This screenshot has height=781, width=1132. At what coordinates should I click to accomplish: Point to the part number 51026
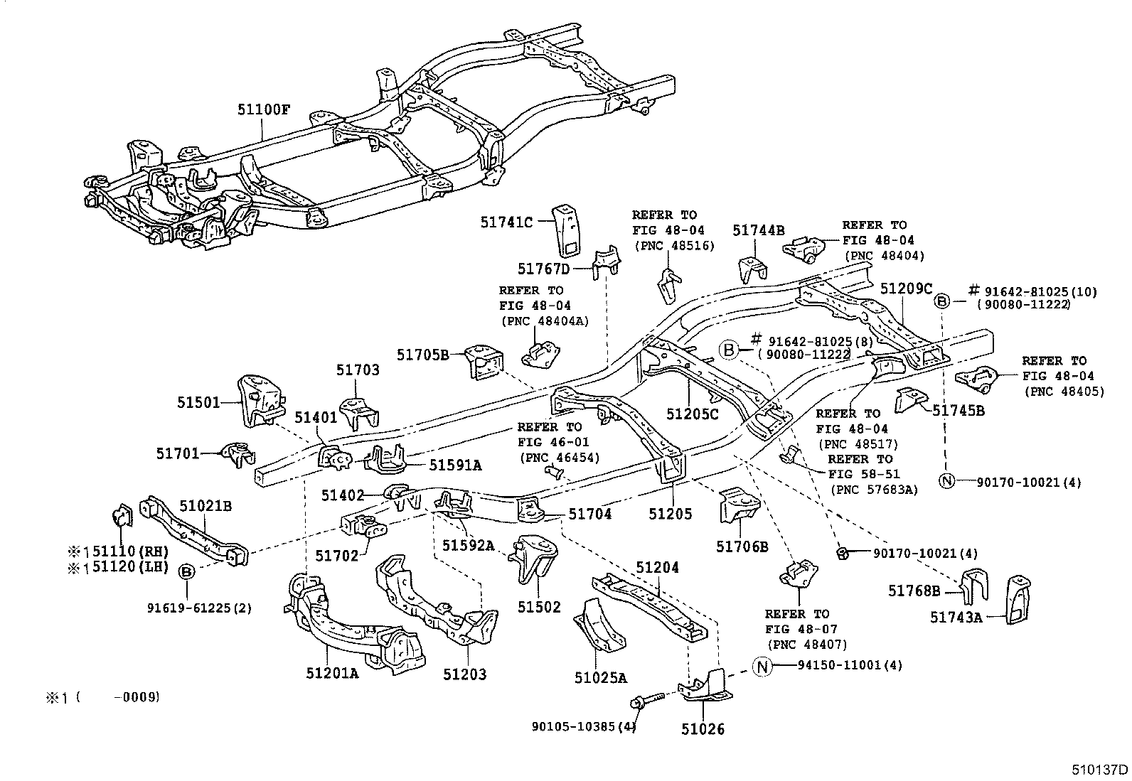703,728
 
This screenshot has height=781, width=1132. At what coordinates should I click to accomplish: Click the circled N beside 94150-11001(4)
762,666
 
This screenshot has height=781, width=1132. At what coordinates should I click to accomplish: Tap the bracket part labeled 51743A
1019,600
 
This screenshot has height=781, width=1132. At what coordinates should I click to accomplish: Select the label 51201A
332,673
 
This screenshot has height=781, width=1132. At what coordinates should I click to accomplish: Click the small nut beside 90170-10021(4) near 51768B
842,552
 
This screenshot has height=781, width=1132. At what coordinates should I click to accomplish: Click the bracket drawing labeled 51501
260,400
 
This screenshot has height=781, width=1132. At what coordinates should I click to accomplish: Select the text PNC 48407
807,645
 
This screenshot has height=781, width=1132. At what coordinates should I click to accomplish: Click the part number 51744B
759,230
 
